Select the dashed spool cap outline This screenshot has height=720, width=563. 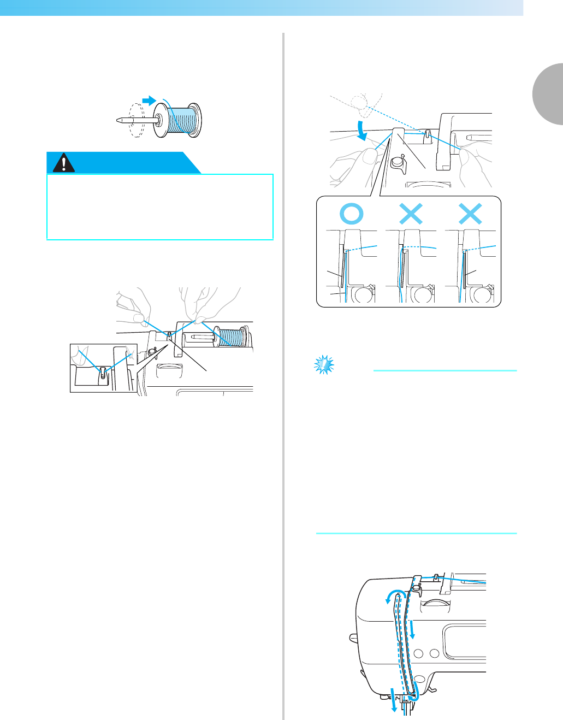coord(135,120)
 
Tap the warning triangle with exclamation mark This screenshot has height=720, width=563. coord(64,163)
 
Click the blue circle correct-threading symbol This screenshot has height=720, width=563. coord(352,213)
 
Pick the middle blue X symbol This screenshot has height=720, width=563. coord(411,213)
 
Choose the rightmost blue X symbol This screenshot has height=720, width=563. coord(470,213)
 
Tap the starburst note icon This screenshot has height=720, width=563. coord(324,364)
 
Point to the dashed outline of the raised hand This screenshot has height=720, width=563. coord(360,104)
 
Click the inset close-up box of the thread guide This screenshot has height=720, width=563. coord(103,368)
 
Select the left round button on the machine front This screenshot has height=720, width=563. coord(419,653)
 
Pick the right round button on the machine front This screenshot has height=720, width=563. coord(434,653)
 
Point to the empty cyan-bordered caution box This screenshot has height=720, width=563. coord(160,207)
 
